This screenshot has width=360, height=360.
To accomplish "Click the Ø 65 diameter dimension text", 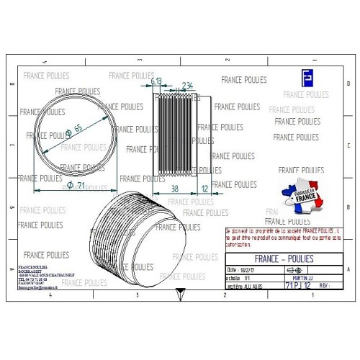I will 73,131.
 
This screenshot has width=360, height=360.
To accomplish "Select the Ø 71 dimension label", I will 76,186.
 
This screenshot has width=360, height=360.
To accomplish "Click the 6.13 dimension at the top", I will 156,83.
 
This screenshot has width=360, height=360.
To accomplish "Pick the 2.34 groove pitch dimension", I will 187,85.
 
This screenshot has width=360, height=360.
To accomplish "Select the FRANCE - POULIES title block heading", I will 289,258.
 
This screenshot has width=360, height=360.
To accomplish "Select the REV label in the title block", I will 325,286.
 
